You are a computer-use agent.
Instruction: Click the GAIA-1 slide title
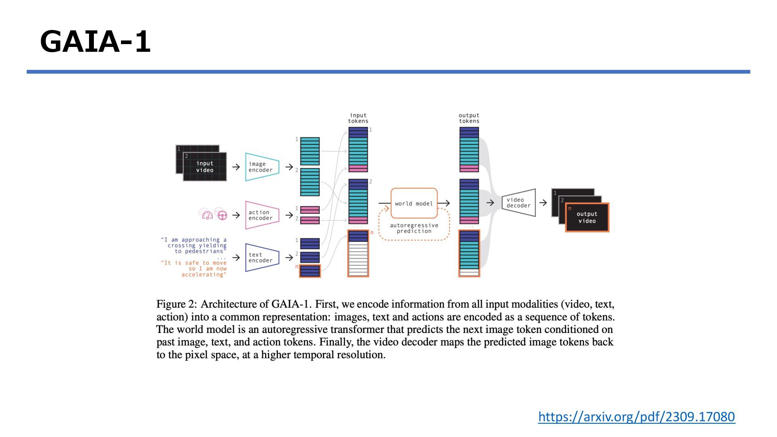point(96,42)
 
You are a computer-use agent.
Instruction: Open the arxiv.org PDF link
point(636,416)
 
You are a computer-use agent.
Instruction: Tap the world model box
point(414,204)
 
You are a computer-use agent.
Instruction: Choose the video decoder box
point(518,203)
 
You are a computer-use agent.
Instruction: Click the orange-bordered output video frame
point(587,217)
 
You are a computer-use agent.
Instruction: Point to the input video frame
point(205,167)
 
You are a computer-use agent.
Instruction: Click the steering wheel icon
point(222,215)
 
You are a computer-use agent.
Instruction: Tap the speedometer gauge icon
point(207,215)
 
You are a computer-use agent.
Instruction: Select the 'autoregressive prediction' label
point(414,228)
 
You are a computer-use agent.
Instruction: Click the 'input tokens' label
point(358,118)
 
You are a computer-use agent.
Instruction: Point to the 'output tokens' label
point(469,118)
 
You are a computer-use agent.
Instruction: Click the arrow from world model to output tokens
point(444,203)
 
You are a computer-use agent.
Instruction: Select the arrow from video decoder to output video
point(543,203)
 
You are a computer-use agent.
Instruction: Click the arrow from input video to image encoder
point(236,167)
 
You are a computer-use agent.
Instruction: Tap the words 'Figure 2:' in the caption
point(176,304)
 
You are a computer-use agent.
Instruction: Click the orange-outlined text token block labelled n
point(310,271)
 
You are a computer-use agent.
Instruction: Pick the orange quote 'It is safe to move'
point(194,263)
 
